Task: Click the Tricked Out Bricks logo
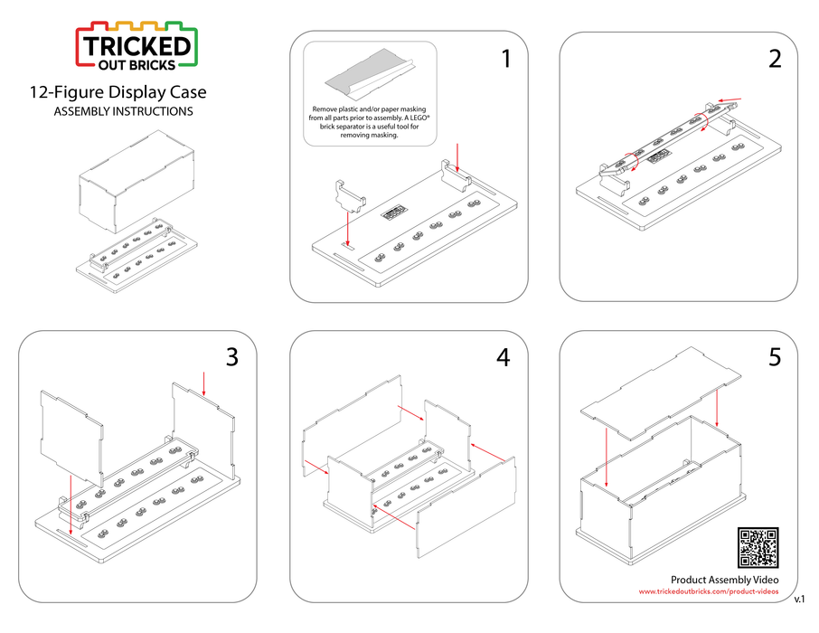click(x=136, y=45)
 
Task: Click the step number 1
click(x=505, y=60)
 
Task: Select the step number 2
click(x=775, y=60)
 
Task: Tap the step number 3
click(x=232, y=357)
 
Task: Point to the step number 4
click(x=504, y=357)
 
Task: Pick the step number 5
click(x=775, y=357)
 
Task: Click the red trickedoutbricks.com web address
click(x=708, y=591)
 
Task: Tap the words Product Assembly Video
click(x=724, y=579)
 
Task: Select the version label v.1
click(x=800, y=600)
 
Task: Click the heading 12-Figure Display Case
click(x=118, y=92)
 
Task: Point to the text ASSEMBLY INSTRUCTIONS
click(x=123, y=112)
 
